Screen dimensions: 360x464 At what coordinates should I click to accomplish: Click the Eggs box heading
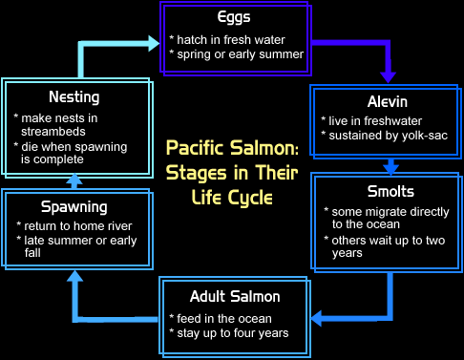(236, 17)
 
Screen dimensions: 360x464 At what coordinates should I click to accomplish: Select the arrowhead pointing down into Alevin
(387, 75)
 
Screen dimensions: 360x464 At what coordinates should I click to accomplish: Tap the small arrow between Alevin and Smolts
(390, 165)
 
